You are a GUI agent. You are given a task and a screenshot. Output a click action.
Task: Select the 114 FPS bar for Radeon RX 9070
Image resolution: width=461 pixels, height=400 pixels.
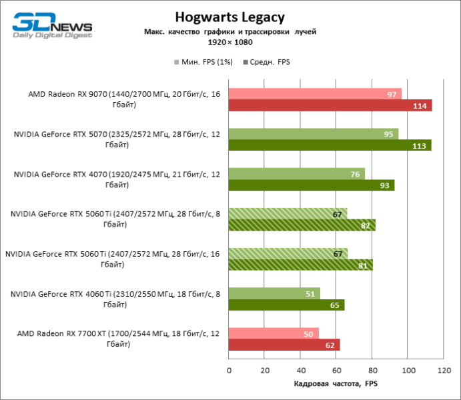pyautogui.click(x=330, y=105)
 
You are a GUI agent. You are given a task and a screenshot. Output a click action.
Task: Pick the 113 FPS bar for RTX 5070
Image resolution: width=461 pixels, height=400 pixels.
pyautogui.click(x=330, y=145)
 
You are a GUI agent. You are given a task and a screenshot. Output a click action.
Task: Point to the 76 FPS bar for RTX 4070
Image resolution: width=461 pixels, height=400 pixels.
pyautogui.click(x=296, y=174)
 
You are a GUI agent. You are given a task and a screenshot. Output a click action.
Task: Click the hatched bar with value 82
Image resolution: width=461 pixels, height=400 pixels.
pyautogui.click(x=302, y=225)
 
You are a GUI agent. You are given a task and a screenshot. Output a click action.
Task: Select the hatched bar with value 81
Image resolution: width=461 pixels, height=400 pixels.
pyautogui.click(x=300, y=265)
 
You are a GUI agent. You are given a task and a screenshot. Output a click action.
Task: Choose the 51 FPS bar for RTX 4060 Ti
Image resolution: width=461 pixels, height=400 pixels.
pyautogui.click(x=274, y=293)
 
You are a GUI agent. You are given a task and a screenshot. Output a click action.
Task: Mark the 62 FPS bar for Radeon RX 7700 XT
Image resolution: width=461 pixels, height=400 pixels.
pyautogui.click(x=284, y=345)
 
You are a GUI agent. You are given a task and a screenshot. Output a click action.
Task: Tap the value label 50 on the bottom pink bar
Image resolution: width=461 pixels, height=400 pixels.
pyautogui.click(x=309, y=333)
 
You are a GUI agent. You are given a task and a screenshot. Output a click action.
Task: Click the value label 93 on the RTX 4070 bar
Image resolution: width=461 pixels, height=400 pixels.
pyautogui.click(x=385, y=185)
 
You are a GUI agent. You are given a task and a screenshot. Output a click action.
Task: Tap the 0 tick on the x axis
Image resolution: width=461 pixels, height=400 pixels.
pyautogui.click(x=229, y=371)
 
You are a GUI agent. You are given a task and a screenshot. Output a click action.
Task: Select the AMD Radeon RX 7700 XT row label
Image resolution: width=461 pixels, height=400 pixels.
pyautogui.click(x=114, y=339)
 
